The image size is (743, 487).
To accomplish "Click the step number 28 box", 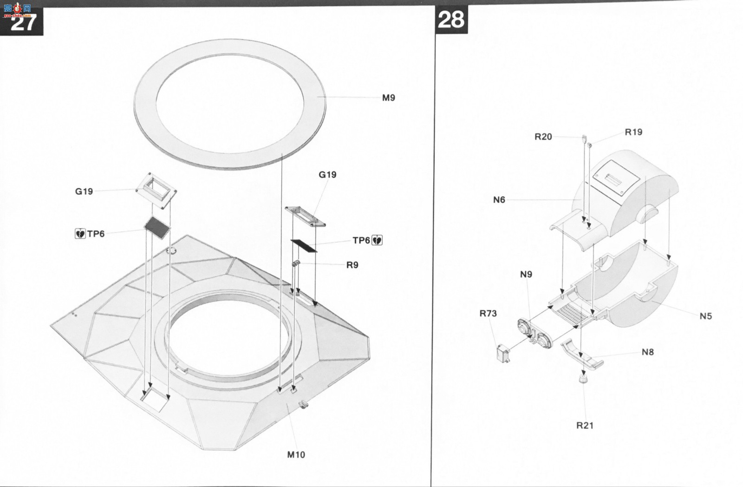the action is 451,20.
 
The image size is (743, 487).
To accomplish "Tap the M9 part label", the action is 388,98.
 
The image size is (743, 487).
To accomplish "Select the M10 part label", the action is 296,454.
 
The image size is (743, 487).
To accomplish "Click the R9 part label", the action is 352,265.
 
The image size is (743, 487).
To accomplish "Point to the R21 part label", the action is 585,425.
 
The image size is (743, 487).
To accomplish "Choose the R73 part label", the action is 488,313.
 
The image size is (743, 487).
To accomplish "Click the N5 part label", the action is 706,316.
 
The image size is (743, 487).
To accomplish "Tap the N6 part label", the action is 499,199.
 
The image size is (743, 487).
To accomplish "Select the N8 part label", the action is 647,352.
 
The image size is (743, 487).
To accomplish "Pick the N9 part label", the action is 526,274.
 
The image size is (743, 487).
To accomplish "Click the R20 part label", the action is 543,137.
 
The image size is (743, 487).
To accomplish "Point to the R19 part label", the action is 633,132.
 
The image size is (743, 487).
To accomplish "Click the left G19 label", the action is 84,191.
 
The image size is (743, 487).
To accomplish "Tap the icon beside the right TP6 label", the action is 377,240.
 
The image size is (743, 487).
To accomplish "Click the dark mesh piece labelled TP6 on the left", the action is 157,228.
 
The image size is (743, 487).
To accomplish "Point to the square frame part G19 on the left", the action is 156,191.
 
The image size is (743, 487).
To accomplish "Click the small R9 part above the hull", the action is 295,263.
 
